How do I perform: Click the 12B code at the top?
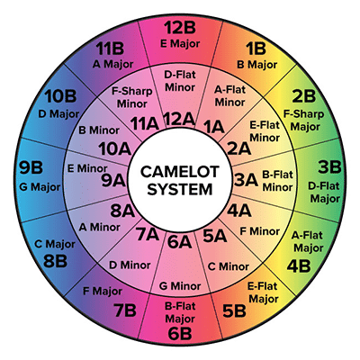180,28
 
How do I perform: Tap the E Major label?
180,43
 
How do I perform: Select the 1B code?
256,49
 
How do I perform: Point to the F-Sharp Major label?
303,121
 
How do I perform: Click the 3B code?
329,166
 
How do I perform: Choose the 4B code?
299,265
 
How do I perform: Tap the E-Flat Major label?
264,292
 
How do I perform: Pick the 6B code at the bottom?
180,334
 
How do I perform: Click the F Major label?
103,291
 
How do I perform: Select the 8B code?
55,261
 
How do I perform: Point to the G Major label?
40,187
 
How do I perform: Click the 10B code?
60,96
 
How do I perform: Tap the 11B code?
110,49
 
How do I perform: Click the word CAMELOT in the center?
180,172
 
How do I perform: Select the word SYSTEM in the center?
180,189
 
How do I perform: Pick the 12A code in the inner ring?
179,119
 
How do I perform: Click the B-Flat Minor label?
277,181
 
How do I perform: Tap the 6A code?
179,242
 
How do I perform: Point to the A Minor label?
100,227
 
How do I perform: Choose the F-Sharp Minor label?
132,97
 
